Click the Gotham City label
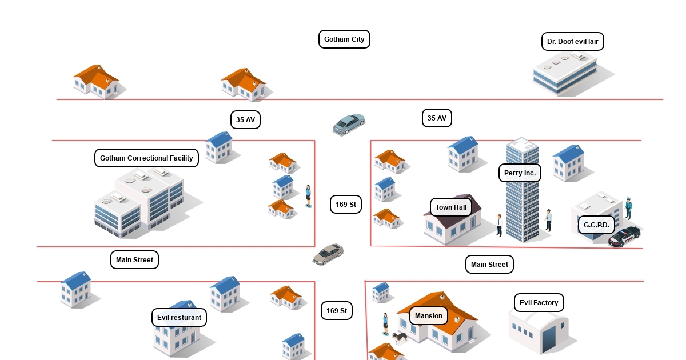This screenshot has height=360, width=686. click(x=344, y=39)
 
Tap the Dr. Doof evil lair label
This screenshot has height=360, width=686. click(x=572, y=42)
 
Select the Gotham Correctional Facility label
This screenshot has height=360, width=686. click(x=146, y=158)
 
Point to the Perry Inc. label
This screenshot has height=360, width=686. click(x=520, y=173)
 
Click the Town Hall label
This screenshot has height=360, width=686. click(x=451, y=207)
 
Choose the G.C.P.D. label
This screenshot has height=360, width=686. click(x=596, y=225)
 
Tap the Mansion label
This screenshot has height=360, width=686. click(x=429, y=316)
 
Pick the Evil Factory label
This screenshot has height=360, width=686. click(x=539, y=303)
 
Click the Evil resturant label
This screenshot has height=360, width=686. click(x=179, y=318)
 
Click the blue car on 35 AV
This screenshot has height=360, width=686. click(x=349, y=123)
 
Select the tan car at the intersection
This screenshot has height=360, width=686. click(x=328, y=254)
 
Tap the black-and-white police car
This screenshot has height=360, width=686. click(x=624, y=236)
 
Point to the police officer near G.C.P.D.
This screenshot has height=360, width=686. click(x=628, y=208)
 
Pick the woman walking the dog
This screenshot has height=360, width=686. click(x=386, y=324)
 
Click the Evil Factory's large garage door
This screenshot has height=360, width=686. click(x=550, y=339)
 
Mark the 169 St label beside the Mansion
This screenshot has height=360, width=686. click(x=336, y=311)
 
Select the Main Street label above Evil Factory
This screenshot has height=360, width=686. click(x=489, y=265)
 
